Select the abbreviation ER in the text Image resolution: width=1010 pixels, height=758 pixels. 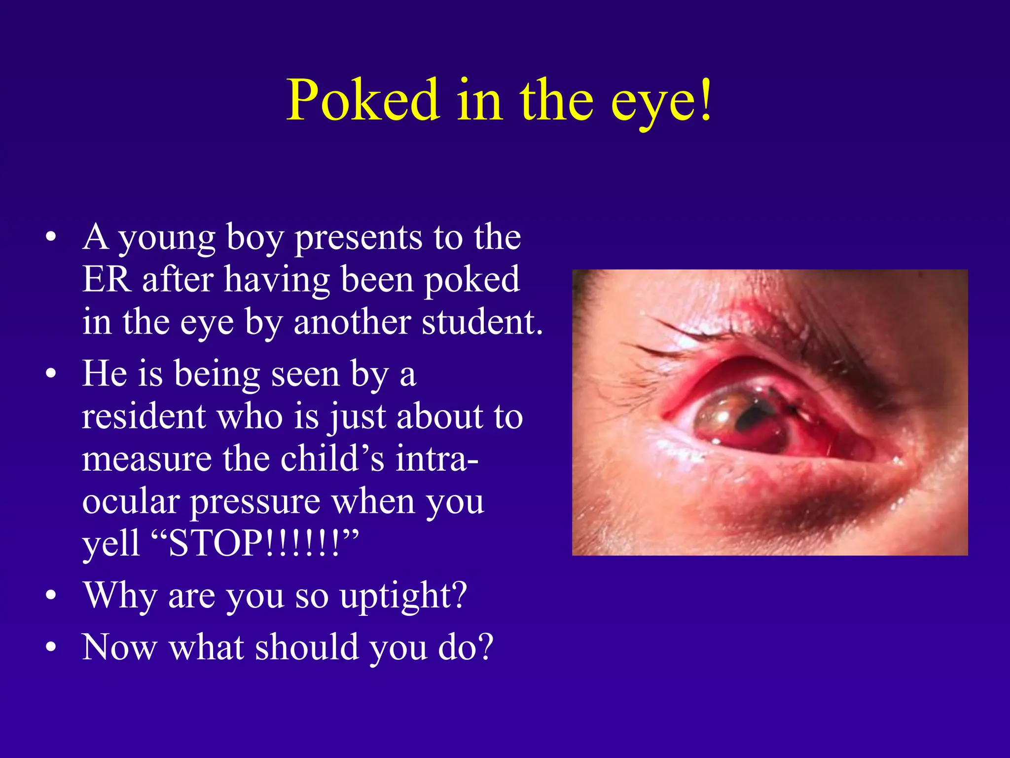(107, 280)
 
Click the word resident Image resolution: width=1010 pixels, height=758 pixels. (144, 417)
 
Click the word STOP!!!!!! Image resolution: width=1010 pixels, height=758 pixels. (253, 543)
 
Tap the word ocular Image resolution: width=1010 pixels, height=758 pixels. (131, 501)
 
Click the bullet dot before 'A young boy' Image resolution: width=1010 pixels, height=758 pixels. (51, 238)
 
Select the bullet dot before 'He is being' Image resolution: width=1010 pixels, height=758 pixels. (51, 374)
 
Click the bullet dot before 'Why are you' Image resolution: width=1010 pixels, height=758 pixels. (51, 596)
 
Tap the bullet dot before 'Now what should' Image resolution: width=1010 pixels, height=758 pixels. (51, 647)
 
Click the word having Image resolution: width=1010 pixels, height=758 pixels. (277, 280)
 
